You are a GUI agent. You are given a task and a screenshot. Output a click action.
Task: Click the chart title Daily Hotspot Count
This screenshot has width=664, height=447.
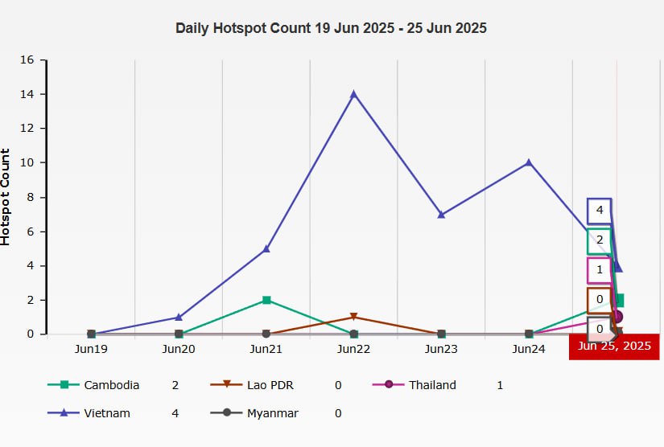[x=331, y=28]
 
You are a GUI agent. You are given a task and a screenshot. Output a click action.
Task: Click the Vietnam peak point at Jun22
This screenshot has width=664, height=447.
[x=353, y=94]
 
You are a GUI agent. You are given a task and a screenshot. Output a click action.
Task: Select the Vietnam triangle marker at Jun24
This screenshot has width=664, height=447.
[x=529, y=162]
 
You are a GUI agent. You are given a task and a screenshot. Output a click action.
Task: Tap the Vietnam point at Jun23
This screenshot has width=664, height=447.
[x=441, y=215]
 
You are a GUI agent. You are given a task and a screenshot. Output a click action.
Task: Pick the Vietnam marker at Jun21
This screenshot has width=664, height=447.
[x=266, y=248]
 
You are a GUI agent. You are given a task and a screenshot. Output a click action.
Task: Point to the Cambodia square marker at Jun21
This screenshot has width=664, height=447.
[x=266, y=300]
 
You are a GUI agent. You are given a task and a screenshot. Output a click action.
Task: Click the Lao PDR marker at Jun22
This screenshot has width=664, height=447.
[x=353, y=317]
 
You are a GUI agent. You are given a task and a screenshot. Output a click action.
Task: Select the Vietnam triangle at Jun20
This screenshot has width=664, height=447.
[x=178, y=317]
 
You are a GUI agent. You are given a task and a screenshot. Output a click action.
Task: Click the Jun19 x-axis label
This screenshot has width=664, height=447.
[x=91, y=350]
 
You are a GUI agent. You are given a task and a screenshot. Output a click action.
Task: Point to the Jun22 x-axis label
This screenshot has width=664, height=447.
[x=353, y=350]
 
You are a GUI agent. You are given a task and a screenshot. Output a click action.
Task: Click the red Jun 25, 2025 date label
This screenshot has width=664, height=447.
[x=614, y=347]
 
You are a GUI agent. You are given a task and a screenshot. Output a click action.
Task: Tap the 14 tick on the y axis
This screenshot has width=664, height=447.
[x=27, y=94]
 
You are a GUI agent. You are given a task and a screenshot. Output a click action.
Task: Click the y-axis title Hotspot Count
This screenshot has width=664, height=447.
[x=6, y=197]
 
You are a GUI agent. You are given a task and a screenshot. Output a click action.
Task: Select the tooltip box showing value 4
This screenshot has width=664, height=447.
[x=600, y=211]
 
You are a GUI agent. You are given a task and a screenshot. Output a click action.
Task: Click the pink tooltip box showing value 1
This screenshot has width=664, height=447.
[x=600, y=270]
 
